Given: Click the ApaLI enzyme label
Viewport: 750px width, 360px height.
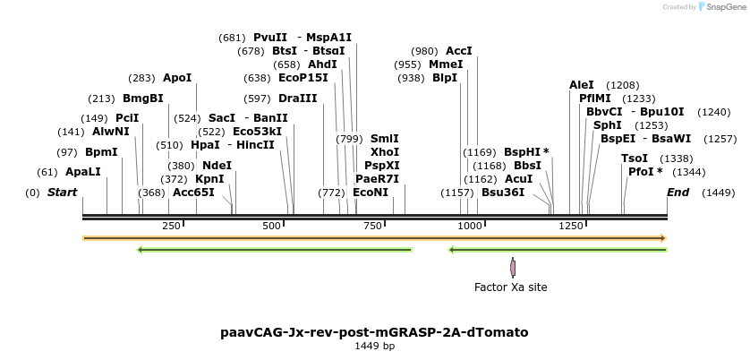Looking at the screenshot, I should point(83,171).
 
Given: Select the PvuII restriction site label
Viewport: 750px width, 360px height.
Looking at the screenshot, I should point(270,38).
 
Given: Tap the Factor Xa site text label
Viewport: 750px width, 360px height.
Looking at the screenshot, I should point(510,287).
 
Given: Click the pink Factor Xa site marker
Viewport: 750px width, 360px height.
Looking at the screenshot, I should point(513,267).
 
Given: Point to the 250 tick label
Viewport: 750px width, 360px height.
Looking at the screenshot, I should point(172,226).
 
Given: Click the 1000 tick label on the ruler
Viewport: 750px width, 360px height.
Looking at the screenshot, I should point(470,226).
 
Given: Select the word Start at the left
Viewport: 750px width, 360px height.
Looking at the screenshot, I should point(62,193).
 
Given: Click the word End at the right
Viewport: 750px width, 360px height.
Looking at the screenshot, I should point(678,193).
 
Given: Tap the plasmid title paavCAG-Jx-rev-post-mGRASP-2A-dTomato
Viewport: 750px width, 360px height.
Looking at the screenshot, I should point(374,332).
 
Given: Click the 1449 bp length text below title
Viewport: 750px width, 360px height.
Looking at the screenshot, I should point(374,346).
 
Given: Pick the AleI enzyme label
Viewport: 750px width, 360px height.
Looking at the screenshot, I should point(581,85).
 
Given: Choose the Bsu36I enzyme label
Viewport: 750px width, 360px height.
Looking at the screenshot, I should point(503,193).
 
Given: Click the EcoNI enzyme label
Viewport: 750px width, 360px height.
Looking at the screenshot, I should point(371,193).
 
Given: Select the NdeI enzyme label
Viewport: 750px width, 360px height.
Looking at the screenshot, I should point(217,166).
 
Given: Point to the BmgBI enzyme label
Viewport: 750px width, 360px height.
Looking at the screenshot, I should point(143,99).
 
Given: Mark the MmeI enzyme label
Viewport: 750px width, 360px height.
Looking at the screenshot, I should point(446,64).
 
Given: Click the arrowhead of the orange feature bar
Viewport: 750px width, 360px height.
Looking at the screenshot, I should point(663,238).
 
